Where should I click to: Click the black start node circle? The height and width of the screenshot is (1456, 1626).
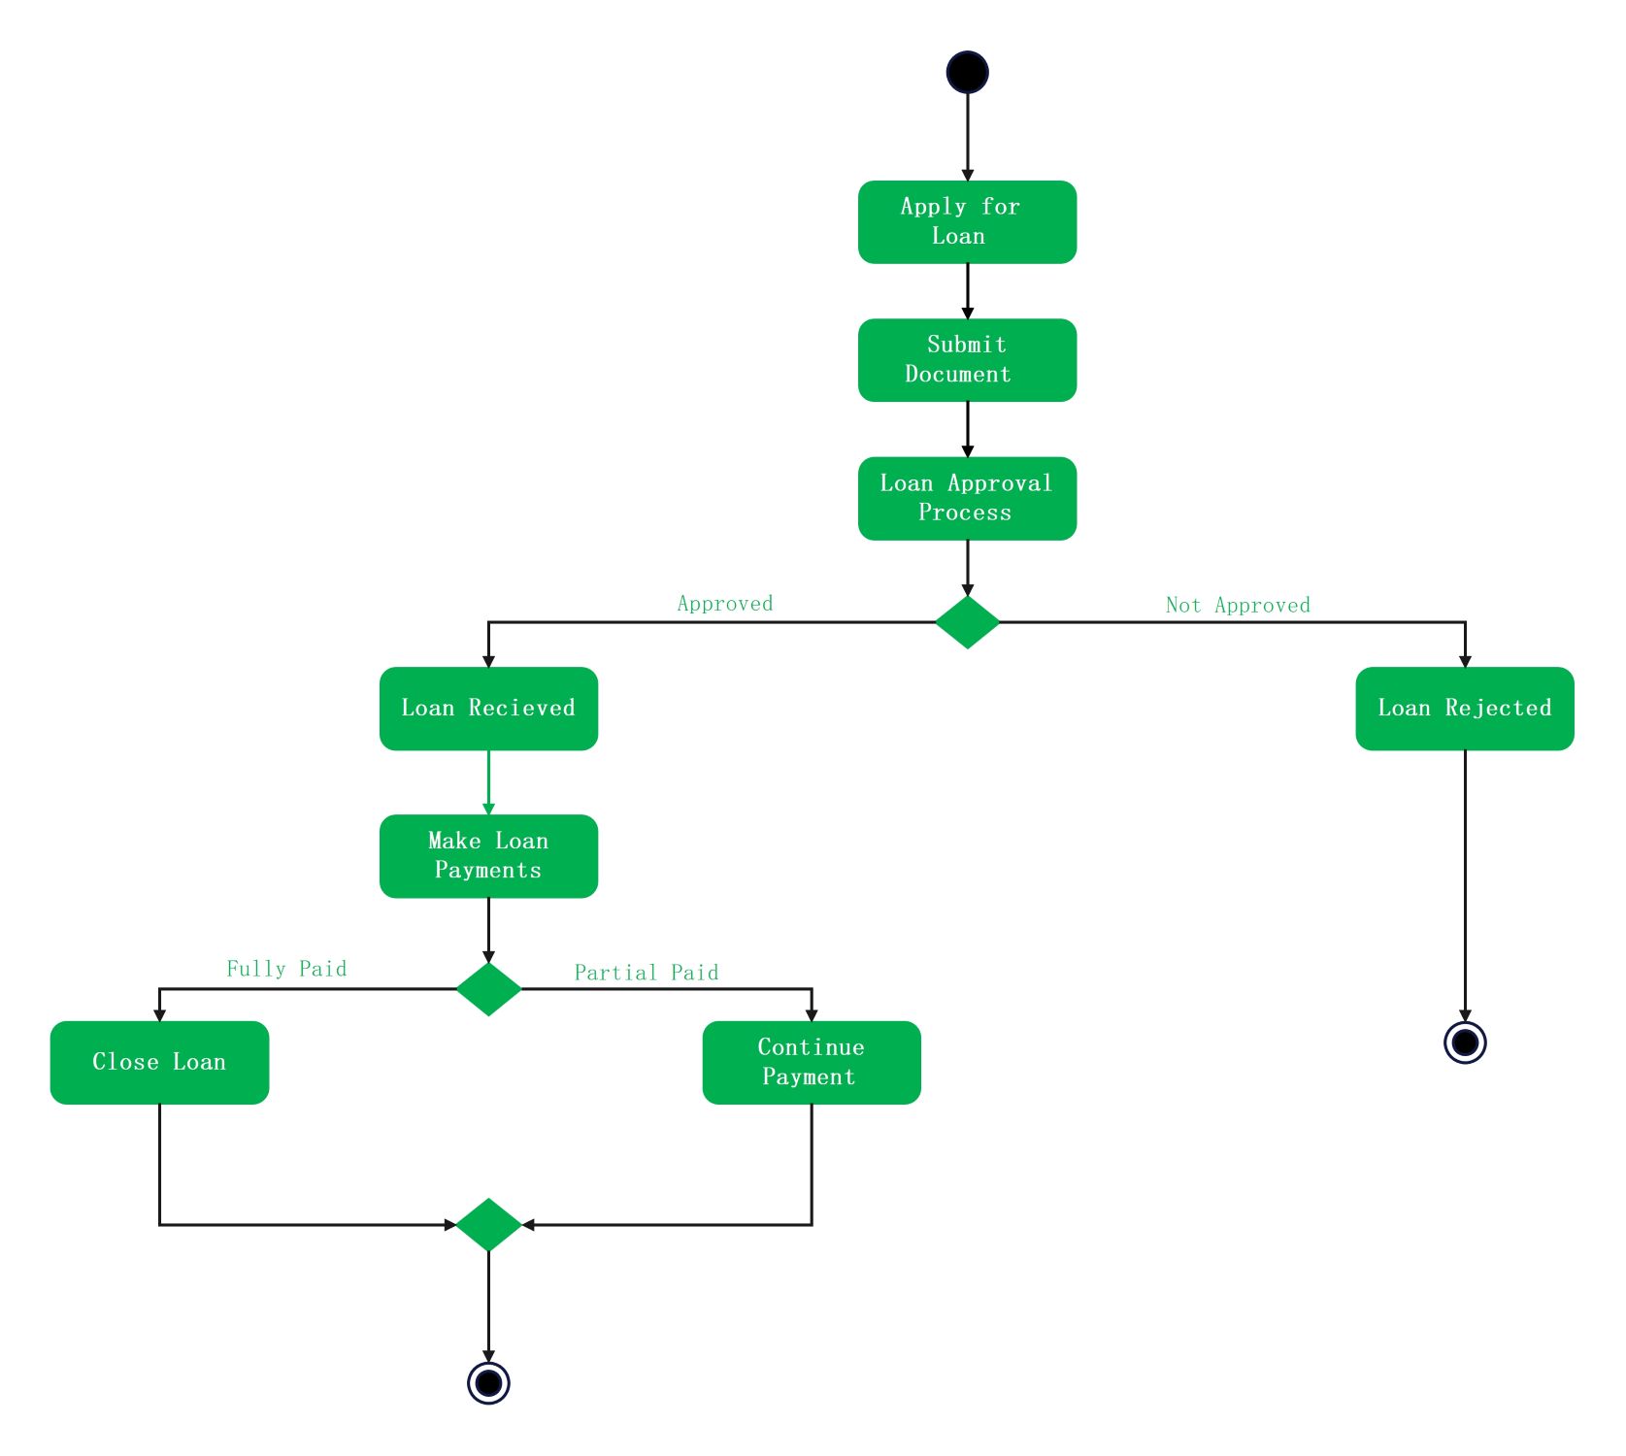click(x=967, y=72)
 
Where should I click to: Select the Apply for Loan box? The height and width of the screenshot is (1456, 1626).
click(x=967, y=221)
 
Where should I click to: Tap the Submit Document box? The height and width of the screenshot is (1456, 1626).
click(x=967, y=359)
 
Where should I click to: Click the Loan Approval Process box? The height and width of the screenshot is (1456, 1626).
click(x=967, y=498)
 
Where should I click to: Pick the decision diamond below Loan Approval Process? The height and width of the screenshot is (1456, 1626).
click(x=967, y=622)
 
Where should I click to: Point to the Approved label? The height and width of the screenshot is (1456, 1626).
click(x=725, y=604)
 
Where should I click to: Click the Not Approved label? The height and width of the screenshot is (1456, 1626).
click(x=1238, y=606)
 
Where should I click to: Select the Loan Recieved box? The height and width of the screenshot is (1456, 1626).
click(x=488, y=708)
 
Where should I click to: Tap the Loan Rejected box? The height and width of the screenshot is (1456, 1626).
click(x=1464, y=708)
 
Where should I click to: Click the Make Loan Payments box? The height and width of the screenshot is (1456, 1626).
click(x=488, y=855)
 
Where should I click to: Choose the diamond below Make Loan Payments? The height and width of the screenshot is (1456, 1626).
click(x=488, y=989)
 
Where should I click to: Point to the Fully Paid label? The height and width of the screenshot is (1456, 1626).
click(x=286, y=969)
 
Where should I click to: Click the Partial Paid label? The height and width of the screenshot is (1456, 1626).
click(x=647, y=973)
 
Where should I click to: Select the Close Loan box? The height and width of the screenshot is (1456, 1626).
click(x=159, y=1062)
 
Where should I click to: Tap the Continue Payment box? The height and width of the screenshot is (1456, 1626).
click(x=812, y=1062)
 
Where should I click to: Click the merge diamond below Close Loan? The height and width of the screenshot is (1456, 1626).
click(x=488, y=1225)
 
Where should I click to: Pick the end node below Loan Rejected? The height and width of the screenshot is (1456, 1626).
click(x=1465, y=1042)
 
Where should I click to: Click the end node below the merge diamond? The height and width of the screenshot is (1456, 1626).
click(x=488, y=1382)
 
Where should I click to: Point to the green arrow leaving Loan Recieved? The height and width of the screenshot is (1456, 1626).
click(x=488, y=781)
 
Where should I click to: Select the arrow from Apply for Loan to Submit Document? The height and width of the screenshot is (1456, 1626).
click(x=967, y=290)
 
